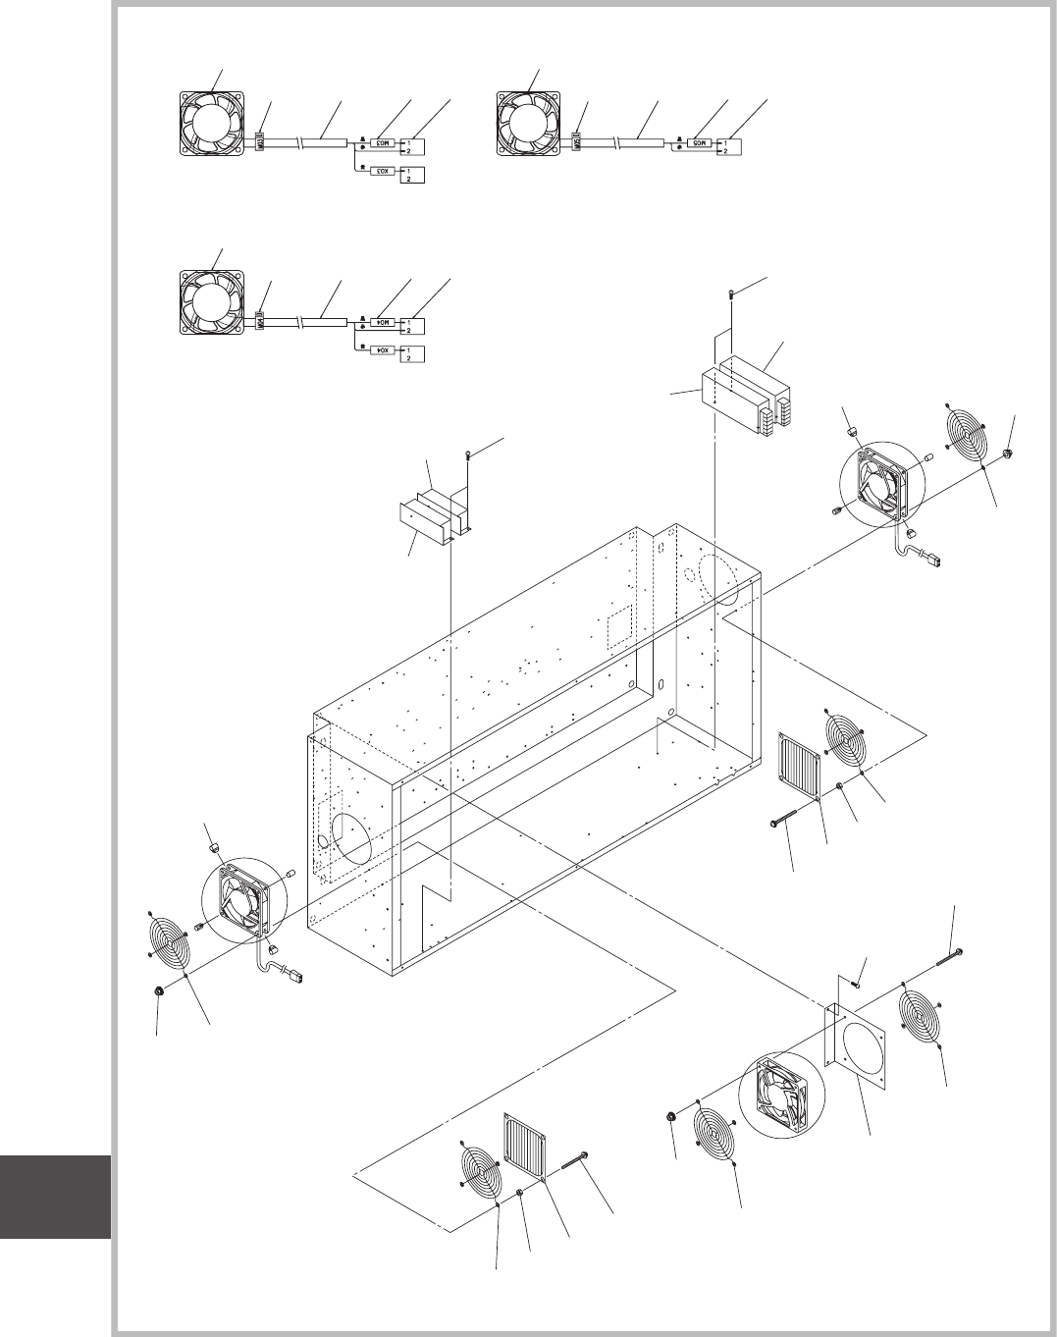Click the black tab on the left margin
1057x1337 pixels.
pyautogui.click(x=55, y=1198)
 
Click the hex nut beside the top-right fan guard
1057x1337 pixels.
pyautogui.click(x=1009, y=454)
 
